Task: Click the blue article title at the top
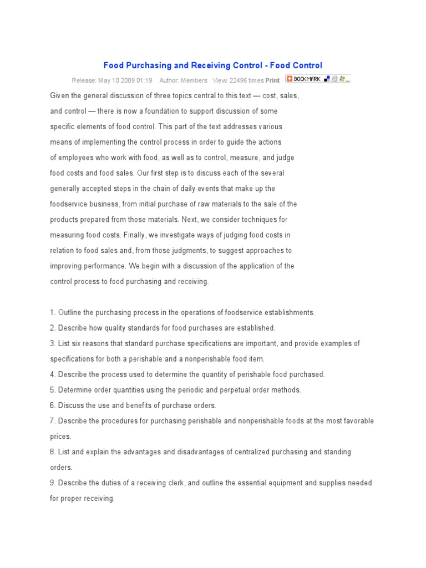(x=212, y=65)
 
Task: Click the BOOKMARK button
(x=306, y=79)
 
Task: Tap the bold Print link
(x=272, y=80)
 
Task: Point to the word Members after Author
(x=194, y=80)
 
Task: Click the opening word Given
(x=60, y=95)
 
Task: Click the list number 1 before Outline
(x=52, y=312)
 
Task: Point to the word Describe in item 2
(x=72, y=328)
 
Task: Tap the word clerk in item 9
(x=174, y=483)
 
